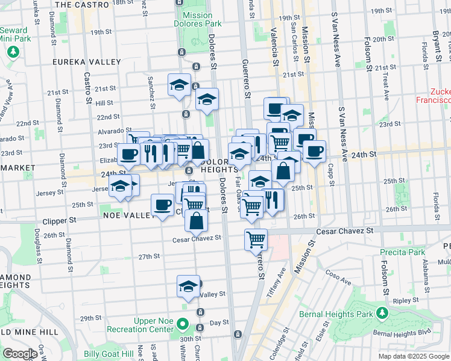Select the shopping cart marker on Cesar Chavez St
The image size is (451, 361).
pos(256,240)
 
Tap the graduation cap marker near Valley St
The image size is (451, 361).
pos(189,285)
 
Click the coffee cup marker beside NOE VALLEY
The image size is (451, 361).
pos(163,205)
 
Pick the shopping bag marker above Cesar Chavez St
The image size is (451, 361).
pos(197,221)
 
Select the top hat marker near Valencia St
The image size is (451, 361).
pos(276,109)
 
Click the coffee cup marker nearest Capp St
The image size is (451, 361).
pos(314,152)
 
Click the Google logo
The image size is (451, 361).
pos(20,354)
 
